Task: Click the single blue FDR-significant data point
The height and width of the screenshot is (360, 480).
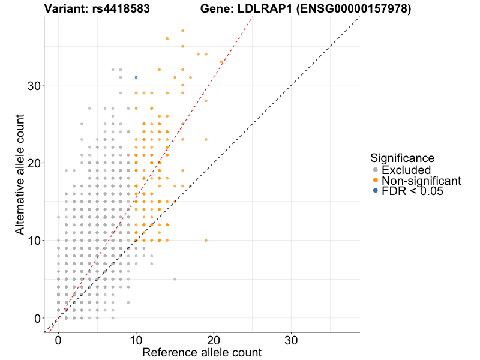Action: (x=136, y=77)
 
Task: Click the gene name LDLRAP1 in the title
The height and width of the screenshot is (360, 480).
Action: (x=254, y=9)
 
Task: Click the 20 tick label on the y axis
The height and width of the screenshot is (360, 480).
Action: (x=35, y=163)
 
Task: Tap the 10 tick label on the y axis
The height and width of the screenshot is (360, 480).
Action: (x=35, y=240)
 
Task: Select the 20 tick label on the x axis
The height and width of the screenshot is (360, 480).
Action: (x=214, y=339)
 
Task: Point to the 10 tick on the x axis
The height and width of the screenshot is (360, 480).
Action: (x=136, y=339)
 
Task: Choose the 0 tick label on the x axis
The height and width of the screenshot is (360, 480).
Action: (x=58, y=339)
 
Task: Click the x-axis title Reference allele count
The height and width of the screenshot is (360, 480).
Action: (x=202, y=352)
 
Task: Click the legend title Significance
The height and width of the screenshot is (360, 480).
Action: (x=402, y=158)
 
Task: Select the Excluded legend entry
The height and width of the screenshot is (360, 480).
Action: (x=406, y=170)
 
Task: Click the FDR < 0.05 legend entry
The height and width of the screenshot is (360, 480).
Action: (x=412, y=191)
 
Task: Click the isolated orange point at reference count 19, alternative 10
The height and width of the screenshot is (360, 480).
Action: (x=206, y=240)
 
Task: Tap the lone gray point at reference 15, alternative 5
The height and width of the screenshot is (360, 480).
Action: (x=175, y=279)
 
